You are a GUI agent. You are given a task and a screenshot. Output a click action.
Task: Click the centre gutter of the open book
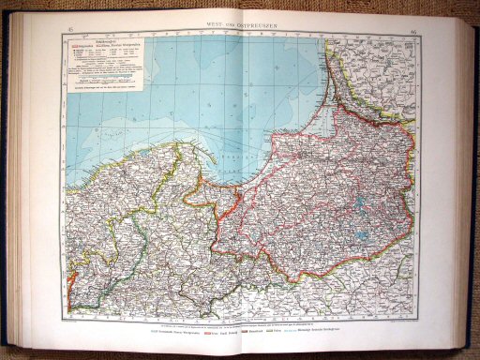tap(242, 187)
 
